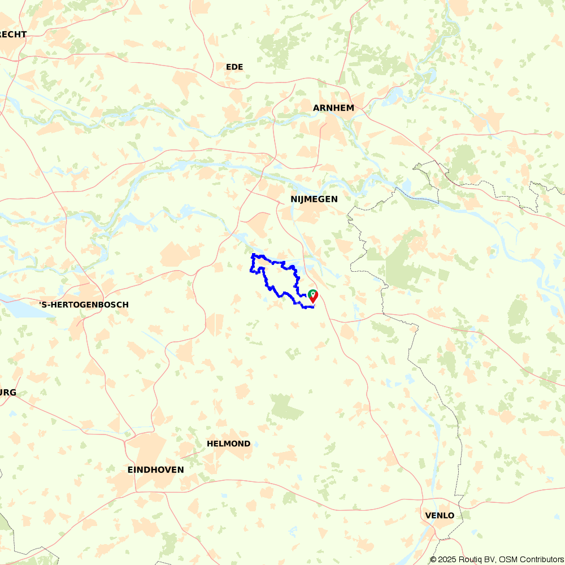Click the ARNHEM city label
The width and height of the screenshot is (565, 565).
333,108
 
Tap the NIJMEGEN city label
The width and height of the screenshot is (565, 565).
314,199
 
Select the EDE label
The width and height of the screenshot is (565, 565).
234,67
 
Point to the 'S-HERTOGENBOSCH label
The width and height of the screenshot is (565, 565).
84,305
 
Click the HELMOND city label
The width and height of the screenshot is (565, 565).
228,444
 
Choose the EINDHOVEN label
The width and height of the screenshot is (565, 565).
155,470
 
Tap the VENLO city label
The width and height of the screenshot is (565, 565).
439,515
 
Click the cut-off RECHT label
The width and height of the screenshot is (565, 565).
12,34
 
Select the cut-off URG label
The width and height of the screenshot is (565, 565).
8,393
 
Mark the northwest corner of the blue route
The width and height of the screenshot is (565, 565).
253,256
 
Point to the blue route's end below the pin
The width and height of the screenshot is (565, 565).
312,307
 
